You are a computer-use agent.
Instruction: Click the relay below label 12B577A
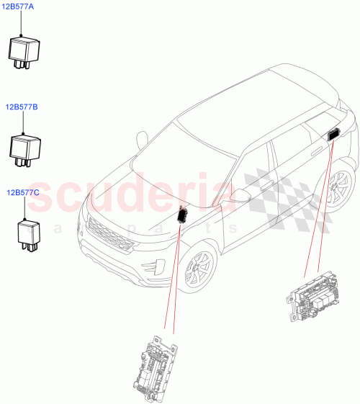(24, 50)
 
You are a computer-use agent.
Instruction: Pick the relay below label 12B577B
(24, 147)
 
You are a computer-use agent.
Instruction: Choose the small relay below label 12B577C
(28, 235)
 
